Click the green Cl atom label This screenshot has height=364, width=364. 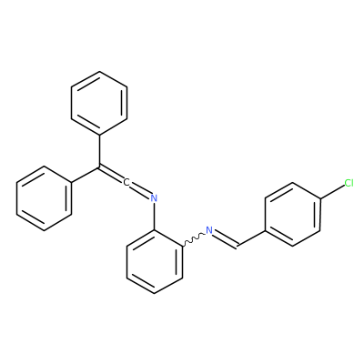click(x=349, y=183)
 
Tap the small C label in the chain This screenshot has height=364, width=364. click(x=126, y=182)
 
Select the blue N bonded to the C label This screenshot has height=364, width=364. click(x=154, y=198)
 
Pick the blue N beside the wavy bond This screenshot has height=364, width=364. click(x=209, y=230)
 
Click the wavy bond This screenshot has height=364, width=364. click(x=194, y=238)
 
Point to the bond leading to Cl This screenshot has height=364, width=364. click(x=332, y=192)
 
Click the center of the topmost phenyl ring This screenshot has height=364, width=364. click(x=99, y=103)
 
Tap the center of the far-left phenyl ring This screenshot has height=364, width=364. click(x=44, y=198)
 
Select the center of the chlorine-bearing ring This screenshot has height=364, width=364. click(x=292, y=214)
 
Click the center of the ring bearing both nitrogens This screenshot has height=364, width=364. click(x=155, y=262)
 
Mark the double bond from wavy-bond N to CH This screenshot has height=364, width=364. click(x=226, y=239)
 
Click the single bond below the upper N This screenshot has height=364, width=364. click(x=155, y=217)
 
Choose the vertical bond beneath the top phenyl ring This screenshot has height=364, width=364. click(x=99, y=151)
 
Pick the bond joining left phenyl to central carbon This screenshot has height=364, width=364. click(x=86, y=175)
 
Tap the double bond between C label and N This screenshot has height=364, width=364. click(x=140, y=190)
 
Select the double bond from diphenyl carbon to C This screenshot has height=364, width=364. click(x=111, y=174)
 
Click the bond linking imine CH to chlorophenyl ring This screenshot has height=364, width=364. click(x=252, y=238)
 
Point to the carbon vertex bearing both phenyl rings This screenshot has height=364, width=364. click(x=99, y=167)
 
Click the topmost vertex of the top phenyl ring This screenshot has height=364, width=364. click(x=99, y=72)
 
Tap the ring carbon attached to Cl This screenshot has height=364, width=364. click(x=320, y=198)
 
